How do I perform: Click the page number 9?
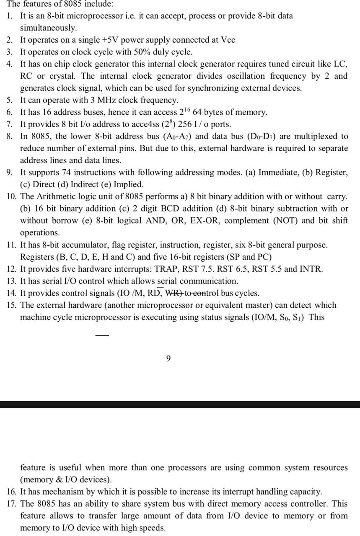tap(168, 358)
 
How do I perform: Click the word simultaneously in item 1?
tap(48, 28)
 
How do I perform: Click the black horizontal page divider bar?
tap(180, 405)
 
